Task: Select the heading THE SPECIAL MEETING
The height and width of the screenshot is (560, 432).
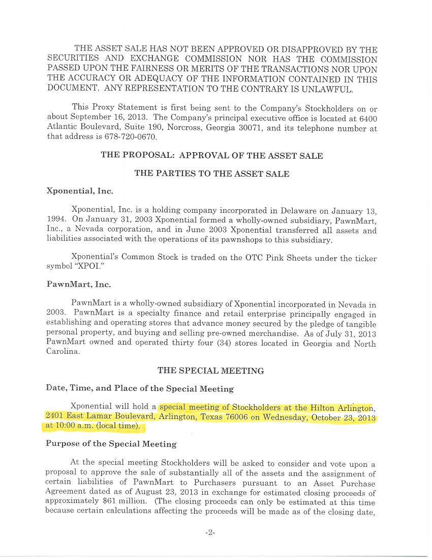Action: [210, 371]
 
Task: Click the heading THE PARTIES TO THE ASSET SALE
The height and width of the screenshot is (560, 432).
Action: [211, 174]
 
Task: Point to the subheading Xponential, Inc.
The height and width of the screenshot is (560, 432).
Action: [79, 191]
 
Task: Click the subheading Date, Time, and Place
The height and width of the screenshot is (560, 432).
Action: [139, 388]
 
